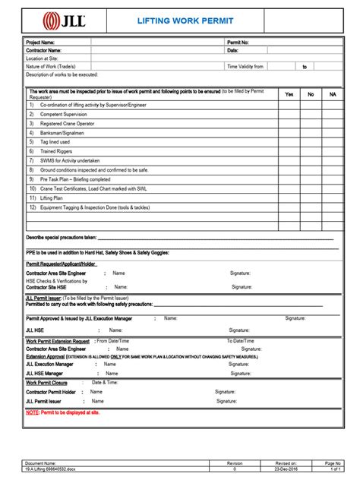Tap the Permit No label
(x=238, y=43)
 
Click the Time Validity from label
(x=245, y=66)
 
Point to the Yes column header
(x=289, y=94)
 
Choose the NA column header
(x=332, y=94)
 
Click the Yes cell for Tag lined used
(x=289, y=141)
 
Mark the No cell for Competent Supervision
(x=311, y=114)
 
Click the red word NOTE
(x=33, y=412)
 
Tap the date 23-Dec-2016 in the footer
(x=286, y=469)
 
